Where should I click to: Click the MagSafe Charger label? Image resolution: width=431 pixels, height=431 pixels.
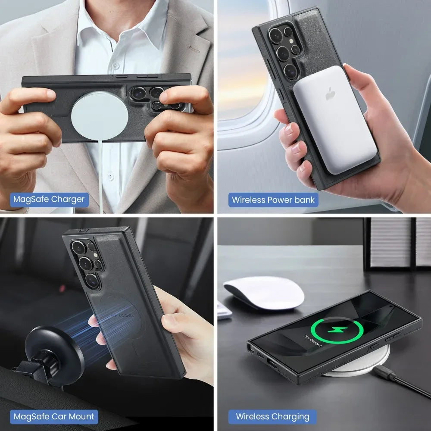click(49, 200)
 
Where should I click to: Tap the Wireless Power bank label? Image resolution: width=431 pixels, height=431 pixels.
click(273, 200)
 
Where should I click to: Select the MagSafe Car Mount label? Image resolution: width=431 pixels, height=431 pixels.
click(54, 416)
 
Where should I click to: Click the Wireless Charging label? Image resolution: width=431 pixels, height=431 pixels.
click(272, 416)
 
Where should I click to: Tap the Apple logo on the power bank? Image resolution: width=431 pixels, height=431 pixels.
click(331, 94)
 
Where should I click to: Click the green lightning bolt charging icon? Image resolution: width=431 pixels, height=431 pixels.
click(337, 330)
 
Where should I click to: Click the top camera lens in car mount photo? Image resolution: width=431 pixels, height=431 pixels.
click(78, 247)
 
